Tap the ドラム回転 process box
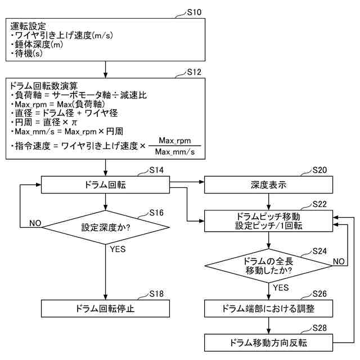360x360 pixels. [106, 184]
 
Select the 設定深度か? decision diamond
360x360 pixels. [106, 228]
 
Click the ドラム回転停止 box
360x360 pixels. [106, 308]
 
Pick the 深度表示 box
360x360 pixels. [269, 184]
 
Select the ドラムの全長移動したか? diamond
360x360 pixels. [269, 265]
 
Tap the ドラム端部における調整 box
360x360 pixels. [269, 308]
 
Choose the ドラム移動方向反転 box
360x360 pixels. [269, 341]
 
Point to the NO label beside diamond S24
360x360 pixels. [339, 262]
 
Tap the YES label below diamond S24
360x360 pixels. [281, 287]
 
